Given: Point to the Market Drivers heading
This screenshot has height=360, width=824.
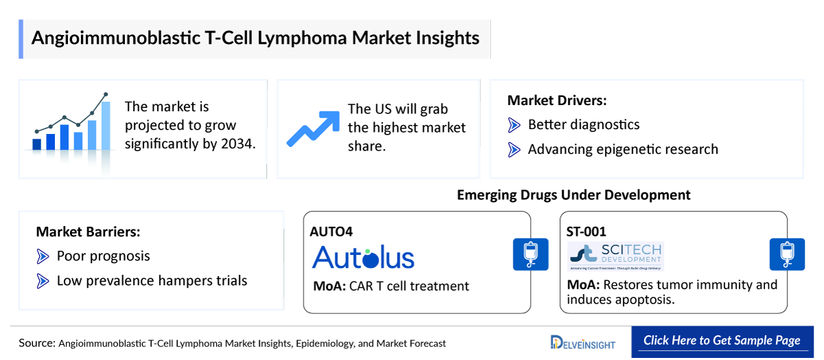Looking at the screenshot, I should pos(557,100).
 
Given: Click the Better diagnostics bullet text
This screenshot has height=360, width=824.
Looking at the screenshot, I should pos(583,124).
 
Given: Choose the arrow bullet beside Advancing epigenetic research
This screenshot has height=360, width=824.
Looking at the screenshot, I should pos(514,149).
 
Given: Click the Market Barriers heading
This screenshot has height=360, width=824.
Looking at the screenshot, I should pos(88,232).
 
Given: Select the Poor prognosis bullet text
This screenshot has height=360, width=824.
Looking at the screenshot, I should pos(103,256).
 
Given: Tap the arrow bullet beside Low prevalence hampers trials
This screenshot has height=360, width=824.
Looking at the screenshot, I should pos(43,280).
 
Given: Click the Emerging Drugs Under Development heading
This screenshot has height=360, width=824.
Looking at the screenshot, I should pos(573,195).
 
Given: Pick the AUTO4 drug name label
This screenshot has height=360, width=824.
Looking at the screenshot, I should pos(331,232).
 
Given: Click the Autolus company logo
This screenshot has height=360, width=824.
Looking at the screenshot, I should pos(363,258).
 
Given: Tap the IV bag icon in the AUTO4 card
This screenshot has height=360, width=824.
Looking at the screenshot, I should pos(530,254).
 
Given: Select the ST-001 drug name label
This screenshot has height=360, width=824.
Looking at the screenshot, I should pos(587,232).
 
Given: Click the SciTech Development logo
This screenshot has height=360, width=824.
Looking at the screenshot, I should pos(616,256).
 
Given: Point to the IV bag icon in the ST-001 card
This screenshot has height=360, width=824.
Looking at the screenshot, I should pos(786,254).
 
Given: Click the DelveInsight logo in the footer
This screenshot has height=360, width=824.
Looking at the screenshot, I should pos(583,342).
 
